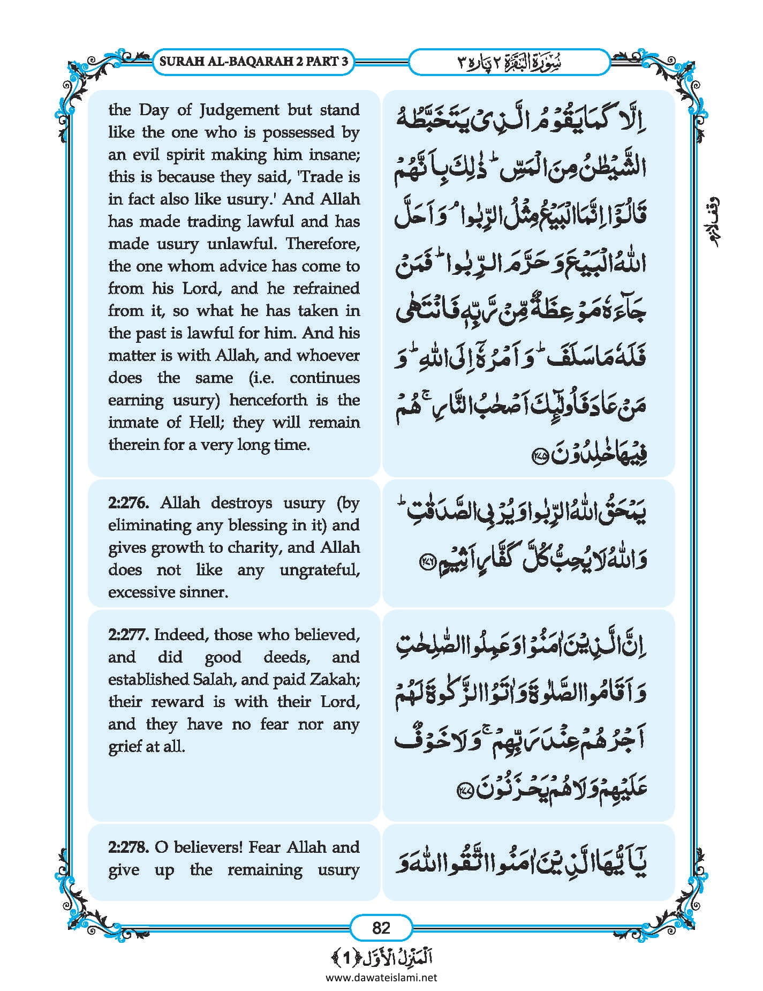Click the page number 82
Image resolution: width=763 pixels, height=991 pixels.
[x=381, y=927]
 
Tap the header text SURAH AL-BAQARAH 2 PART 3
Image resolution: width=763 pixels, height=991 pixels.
[x=254, y=61]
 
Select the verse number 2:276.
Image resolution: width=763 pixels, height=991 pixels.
[x=131, y=503]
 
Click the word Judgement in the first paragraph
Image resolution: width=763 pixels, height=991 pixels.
[x=239, y=110]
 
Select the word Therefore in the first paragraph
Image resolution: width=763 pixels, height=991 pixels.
[x=322, y=244]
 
